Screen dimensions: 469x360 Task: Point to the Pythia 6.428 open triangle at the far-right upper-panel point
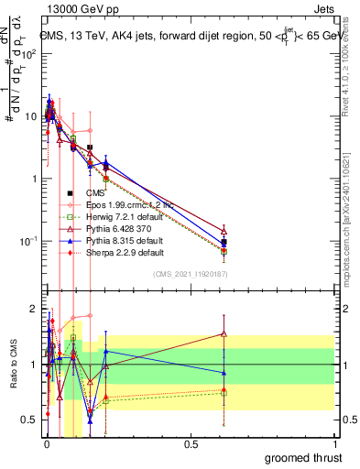click(224, 230)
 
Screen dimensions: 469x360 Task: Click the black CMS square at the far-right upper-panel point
click(224, 243)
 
